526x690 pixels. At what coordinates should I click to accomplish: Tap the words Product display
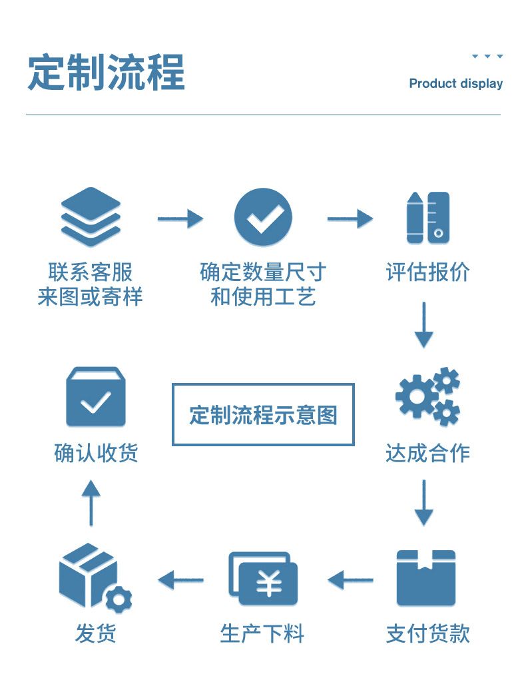tap(455, 84)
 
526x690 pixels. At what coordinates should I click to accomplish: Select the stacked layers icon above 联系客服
tap(91, 217)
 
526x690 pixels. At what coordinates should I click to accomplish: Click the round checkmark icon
tap(263, 217)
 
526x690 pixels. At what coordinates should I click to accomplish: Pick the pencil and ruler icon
tap(427, 218)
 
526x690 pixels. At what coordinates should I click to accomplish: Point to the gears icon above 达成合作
tap(427, 397)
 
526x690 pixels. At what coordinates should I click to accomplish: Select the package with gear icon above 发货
tap(93, 577)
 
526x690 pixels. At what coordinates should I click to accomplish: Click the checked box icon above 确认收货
tap(96, 398)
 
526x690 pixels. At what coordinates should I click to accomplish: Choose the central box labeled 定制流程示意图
tap(263, 414)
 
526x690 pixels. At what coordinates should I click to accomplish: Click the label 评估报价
tap(427, 272)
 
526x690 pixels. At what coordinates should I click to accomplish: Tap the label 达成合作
tap(427, 454)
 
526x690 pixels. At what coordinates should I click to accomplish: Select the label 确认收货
tap(96, 454)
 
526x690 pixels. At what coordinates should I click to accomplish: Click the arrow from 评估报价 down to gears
tap(423, 324)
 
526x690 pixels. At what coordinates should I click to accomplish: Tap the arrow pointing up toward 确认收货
tap(91, 502)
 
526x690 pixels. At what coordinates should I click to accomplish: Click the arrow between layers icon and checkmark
tap(180, 218)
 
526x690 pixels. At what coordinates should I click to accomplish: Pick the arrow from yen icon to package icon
tap(180, 579)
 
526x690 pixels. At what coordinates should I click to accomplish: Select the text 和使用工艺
tap(263, 296)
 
